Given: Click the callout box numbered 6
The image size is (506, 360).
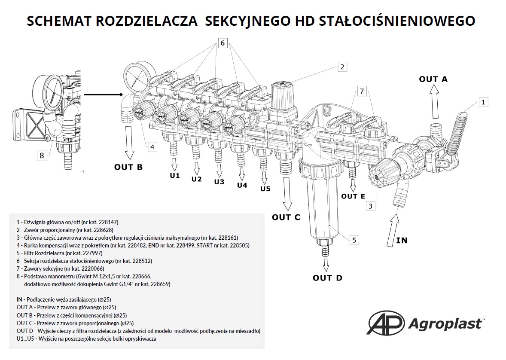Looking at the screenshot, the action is pos(223,43).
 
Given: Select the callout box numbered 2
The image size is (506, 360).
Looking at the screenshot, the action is pos(342,67).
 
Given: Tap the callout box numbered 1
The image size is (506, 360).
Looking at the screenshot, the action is pos(483,102).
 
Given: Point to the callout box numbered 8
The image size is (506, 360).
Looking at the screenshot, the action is pos(42,156).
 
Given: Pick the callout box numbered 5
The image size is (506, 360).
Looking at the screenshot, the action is pos(354,240).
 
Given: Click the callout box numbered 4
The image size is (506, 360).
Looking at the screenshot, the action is pos(152,147).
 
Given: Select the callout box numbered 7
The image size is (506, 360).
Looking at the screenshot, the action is pos(362,92).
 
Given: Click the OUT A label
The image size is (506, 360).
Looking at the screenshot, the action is pos(433,79).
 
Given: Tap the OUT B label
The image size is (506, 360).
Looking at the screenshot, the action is pos(128,167).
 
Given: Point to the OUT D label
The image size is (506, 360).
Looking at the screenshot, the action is pos(327,278).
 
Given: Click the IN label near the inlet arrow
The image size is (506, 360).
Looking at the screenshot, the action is pos(402,240).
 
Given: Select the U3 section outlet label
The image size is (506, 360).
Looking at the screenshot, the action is pos(219,182).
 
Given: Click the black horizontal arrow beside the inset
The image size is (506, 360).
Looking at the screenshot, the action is pos(104,95).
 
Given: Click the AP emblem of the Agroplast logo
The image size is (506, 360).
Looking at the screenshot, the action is pos(386,322).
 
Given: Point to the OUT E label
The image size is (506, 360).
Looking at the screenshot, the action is pos(353,196).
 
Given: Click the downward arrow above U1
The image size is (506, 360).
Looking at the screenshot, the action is pos(174,165).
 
